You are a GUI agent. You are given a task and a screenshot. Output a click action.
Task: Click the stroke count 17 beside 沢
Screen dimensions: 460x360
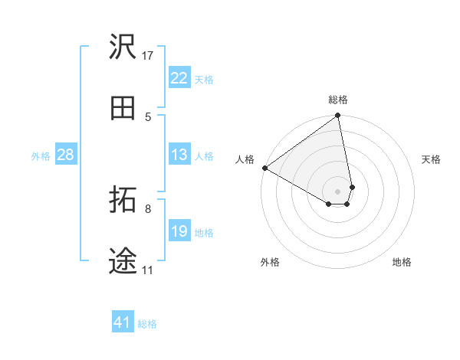(x=148, y=56)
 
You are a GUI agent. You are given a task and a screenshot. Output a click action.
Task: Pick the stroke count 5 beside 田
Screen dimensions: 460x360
(x=148, y=117)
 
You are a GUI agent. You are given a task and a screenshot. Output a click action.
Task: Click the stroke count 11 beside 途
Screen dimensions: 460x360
(x=148, y=270)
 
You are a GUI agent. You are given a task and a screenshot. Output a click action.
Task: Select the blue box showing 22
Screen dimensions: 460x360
(x=179, y=78)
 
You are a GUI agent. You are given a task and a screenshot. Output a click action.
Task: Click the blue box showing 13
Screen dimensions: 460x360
(x=179, y=155)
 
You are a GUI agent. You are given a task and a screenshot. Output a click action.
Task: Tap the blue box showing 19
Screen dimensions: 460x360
(x=179, y=231)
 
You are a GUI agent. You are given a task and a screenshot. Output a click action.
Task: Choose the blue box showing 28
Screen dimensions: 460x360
(x=66, y=155)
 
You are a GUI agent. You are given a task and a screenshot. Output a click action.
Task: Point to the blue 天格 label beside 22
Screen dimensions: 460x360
(x=204, y=79)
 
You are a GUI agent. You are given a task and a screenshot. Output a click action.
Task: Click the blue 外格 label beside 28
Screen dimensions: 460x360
(x=41, y=155)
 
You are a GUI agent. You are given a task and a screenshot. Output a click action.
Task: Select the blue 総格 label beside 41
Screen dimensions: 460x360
(x=147, y=324)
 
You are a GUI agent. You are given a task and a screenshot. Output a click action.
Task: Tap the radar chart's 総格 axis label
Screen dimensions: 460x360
(x=338, y=100)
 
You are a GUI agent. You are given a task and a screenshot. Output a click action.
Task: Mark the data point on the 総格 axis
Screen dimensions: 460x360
(x=338, y=116)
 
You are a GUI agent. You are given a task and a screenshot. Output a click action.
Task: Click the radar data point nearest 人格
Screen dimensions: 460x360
(x=264, y=168)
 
